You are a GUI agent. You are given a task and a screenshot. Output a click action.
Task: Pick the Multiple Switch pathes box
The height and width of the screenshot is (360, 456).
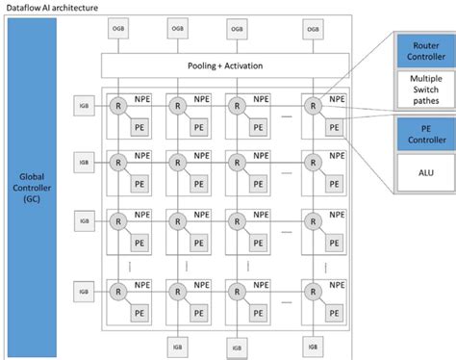pos(424,90)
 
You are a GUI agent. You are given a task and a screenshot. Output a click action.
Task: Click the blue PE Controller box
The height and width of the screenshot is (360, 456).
pos(424,134)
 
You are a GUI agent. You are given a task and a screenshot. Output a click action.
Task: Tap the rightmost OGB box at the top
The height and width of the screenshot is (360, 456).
pos(313,28)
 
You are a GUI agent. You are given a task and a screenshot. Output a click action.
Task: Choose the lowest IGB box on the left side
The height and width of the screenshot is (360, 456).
pos(83,291)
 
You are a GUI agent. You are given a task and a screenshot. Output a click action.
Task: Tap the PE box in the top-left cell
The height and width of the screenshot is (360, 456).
pos(139,126)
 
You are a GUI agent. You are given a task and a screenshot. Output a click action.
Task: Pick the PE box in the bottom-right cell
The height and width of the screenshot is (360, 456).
pos(331,310)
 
